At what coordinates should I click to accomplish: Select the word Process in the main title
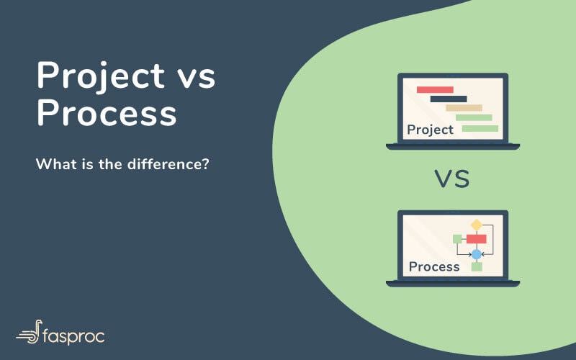coord(106,114)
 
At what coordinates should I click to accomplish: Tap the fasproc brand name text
coord(76,334)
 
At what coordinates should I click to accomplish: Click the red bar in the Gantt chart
coord(435,89)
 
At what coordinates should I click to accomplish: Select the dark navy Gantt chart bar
coord(449,99)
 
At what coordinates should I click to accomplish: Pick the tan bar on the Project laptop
coord(464,108)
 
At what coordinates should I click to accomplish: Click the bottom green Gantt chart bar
coord(480,128)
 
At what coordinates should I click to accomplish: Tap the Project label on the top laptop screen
coord(430,130)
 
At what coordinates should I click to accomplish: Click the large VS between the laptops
coord(452,179)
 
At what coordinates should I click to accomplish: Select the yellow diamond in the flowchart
coord(476,225)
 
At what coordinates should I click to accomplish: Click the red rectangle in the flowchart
coord(476,239)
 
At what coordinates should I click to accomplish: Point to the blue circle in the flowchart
coord(476,254)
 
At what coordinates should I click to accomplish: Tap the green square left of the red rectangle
coord(456,239)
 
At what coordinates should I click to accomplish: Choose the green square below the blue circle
coord(476,267)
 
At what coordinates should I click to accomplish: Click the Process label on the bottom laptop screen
coord(433,266)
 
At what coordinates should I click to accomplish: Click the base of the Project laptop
coord(452,147)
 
